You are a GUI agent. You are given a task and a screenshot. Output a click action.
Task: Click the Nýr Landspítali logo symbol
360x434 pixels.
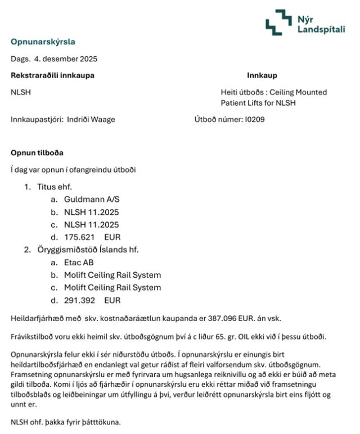pyautogui.click(x=279, y=22)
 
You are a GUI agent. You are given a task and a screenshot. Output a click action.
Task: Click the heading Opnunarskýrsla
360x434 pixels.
pyautogui.click(x=43, y=42)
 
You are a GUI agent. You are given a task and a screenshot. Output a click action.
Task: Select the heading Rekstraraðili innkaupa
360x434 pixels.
pyautogui.click(x=52, y=75)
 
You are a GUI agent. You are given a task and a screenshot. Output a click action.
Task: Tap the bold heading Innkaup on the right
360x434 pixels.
pyautogui.click(x=262, y=75)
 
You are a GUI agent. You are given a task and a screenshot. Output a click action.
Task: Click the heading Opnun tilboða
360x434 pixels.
pyautogui.click(x=37, y=153)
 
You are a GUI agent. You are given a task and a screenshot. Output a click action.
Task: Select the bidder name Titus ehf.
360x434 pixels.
pyautogui.click(x=55, y=187)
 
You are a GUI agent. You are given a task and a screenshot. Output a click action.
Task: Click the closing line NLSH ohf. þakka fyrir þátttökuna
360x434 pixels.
pyautogui.click(x=66, y=422)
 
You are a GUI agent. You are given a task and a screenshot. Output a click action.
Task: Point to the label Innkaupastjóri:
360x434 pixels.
pyautogui.click(x=37, y=119)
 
